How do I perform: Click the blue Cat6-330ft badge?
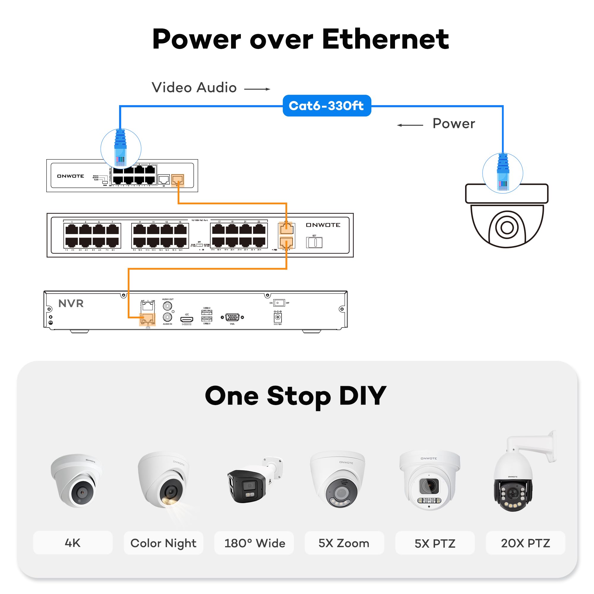tap(326, 106)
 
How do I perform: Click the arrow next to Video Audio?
tap(257, 89)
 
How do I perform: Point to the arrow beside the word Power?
tap(410, 125)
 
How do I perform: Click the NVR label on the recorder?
tap(71, 304)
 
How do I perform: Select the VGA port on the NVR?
tap(232, 317)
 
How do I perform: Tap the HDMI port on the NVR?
tap(187, 320)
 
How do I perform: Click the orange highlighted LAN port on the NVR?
tap(148, 318)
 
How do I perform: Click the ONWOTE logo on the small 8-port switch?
tap(70, 176)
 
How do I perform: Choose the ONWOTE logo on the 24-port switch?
tap(323, 225)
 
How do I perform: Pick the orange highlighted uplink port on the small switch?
tap(177, 179)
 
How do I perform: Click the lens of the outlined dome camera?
tap(507, 228)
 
